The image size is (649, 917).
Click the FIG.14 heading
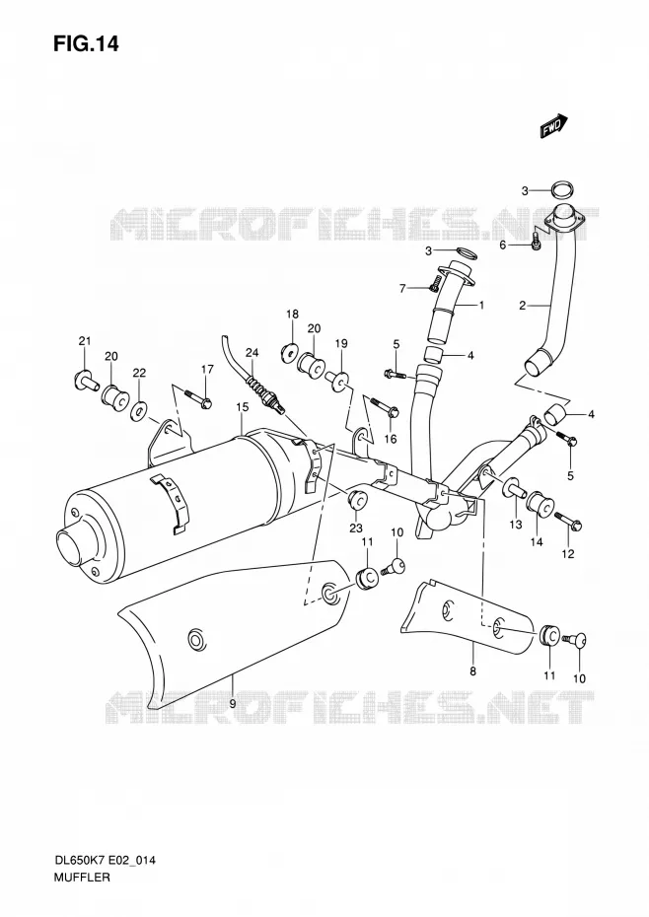[86, 43]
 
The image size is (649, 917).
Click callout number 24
[252, 353]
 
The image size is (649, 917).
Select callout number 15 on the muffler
[243, 406]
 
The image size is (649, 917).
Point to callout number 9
[233, 704]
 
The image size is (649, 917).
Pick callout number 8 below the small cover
[472, 670]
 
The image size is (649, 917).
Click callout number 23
[356, 529]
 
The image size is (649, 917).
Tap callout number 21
[85, 341]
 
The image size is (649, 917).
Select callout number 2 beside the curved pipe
[522, 305]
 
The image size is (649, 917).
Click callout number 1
[481, 305]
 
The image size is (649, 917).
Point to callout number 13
[515, 525]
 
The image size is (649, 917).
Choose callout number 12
[568, 554]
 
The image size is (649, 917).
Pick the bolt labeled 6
[536, 243]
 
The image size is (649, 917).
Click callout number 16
[390, 439]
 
